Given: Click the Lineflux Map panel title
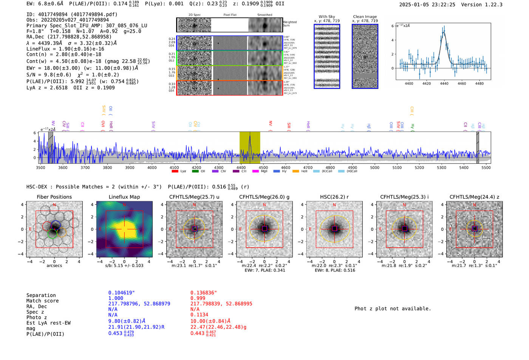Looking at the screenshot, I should [x=124, y=197].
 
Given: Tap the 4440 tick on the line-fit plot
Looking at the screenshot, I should [x=444, y=83].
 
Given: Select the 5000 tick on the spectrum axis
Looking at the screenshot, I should [x=374, y=167].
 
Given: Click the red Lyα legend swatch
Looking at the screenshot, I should [x=175, y=172].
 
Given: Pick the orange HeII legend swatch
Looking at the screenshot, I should [x=295, y=172].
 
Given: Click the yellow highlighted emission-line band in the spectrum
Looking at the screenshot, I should [x=250, y=147].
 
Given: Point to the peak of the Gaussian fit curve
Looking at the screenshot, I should [x=444, y=32].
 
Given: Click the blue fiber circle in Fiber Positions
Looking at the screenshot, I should [x=56, y=225].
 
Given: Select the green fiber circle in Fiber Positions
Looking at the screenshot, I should [x=52, y=233].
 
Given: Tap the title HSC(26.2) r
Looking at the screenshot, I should [x=334, y=197].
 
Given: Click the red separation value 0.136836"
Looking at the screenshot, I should [x=204, y=293].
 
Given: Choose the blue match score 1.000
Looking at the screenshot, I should [x=116, y=298].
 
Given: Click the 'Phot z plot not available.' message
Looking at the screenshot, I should [x=393, y=309].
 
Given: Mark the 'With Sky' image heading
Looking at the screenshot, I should [x=326, y=17].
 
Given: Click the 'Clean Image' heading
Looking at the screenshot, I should [x=365, y=17].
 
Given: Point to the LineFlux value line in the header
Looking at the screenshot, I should [x=65, y=49].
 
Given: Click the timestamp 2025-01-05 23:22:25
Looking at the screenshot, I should [x=427, y=5].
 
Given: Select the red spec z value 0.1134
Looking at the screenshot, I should [x=198, y=315].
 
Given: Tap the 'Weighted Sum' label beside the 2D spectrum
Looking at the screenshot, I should [x=289, y=23].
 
